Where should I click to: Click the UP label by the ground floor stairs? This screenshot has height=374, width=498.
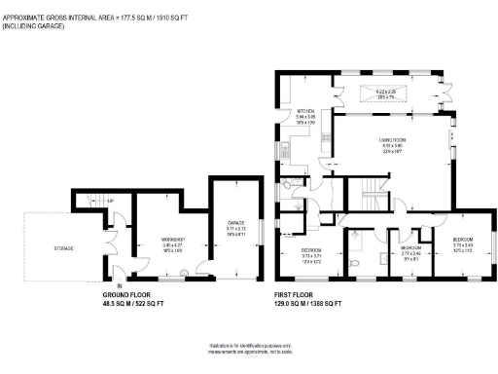point(109,202)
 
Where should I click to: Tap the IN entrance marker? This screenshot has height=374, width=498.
point(120,285)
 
